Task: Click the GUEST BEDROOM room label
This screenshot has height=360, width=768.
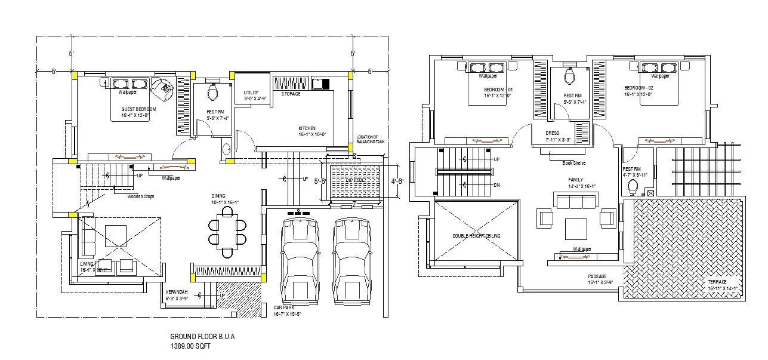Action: pyautogui.click(x=138, y=109)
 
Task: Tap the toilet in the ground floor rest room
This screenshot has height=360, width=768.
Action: pyautogui.click(x=211, y=92)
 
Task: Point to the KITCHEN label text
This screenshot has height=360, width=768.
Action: pyautogui.click(x=307, y=128)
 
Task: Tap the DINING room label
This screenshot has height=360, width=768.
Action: pyautogui.click(x=218, y=196)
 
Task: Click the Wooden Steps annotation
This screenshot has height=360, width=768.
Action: pyautogui.click(x=141, y=196)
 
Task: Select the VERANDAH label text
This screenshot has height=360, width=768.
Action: pyautogui.click(x=177, y=292)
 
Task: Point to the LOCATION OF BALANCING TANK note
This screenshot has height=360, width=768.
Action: pyautogui.click(x=371, y=139)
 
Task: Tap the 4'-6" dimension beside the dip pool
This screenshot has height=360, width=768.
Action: pyautogui.click(x=397, y=181)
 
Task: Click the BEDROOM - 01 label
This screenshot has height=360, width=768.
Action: pyautogui.click(x=498, y=90)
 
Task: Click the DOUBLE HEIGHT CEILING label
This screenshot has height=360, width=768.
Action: pyautogui.click(x=476, y=236)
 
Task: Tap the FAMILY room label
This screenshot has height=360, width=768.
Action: pyautogui.click(x=575, y=179)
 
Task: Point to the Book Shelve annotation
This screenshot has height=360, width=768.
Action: pyautogui.click(x=573, y=163)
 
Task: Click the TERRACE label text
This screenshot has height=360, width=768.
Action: pyautogui.click(x=717, y=281)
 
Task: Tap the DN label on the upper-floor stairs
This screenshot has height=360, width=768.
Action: pyautogui.click(x=496, y=185)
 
